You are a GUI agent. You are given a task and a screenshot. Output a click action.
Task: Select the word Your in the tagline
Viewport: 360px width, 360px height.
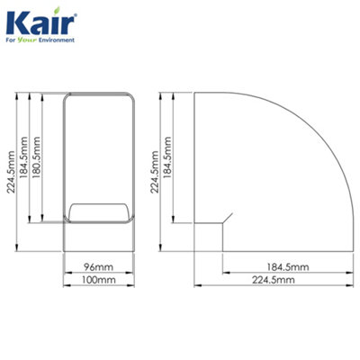31,40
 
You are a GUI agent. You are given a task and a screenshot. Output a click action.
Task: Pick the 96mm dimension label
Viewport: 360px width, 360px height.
99,267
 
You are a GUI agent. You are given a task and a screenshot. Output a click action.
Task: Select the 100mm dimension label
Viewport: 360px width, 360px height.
99,281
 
